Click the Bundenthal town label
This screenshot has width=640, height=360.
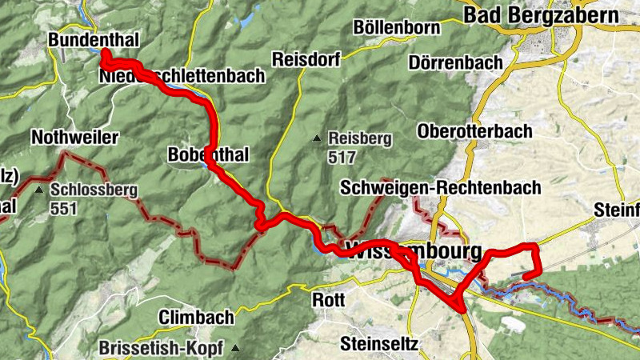pyautogui.click(x=94, y=40)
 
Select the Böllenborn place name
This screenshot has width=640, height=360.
pyautogui.click(x=396, y=27)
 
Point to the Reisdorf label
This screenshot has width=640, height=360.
pyautogui.click(x=306, y=59)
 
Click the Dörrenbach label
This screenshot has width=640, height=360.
pyautogui.click(x=455, y=62)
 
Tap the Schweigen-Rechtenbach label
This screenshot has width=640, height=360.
pyautogui.click(x=440, y=188)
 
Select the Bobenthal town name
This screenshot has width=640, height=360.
pyautogui.click(x=209, y=154)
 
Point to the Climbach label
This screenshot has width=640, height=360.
pyautogui.click(x=196, y=318)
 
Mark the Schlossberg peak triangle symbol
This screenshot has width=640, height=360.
pyautogui.click(x=39, y=190)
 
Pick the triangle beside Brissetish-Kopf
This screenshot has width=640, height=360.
pyautogui.click(x=235, y=349)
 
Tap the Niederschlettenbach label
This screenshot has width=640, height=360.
pyautogui.click(x=182, y=77)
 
